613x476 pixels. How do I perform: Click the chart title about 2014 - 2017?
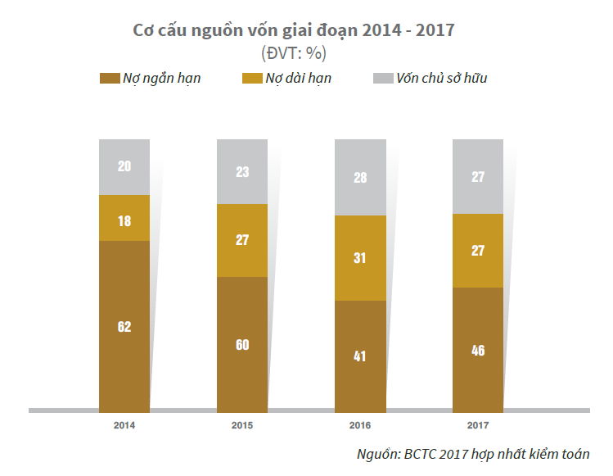[294, 31]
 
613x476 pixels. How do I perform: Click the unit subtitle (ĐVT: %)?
[294, 53]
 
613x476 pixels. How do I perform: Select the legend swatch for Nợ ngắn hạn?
[109, 79]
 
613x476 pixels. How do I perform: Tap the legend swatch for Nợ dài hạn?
[252, 79]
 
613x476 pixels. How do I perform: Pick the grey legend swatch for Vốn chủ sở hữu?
[382, 79]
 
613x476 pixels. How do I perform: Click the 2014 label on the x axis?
[124, 426]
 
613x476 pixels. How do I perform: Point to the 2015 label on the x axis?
[242, 426]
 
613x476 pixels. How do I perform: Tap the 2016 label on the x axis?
[360, 426]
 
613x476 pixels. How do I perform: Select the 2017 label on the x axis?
[478, 426]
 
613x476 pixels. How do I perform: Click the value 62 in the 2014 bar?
[124, 327]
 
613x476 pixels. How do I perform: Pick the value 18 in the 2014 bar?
[124, 220]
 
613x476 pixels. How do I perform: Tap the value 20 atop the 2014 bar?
[124, 166]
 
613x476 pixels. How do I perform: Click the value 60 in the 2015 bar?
[242, 345]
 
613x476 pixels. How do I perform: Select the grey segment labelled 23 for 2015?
[242, 172]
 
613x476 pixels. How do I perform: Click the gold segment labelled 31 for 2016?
[360, 258]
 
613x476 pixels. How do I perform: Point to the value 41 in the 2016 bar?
[360, 356]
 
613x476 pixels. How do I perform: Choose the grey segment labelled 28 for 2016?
[360, 178]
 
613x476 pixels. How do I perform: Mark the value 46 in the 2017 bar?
[478, 351]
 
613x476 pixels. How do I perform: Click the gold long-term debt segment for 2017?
[478, 251]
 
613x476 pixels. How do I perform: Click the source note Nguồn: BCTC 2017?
[473, 454]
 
